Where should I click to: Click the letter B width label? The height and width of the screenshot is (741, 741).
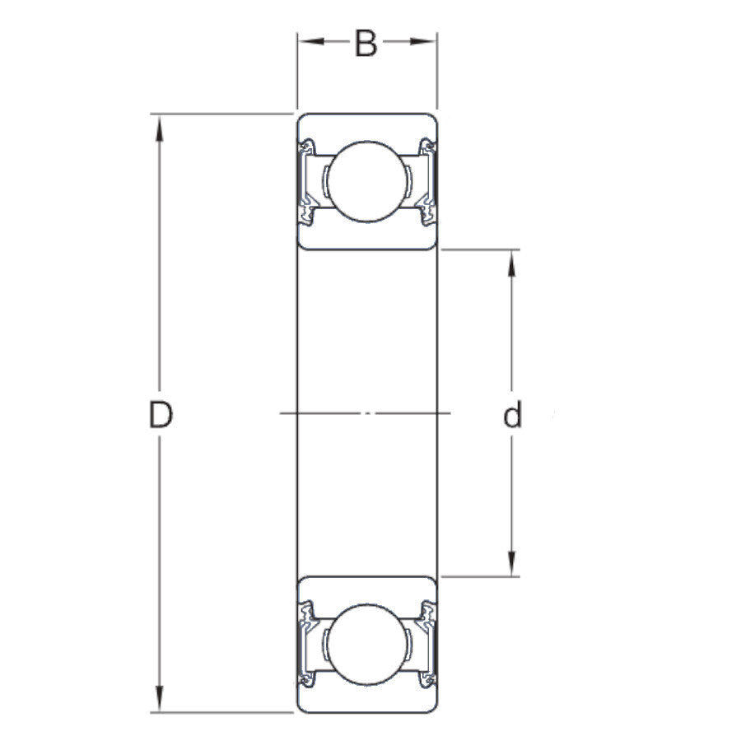(366, 44)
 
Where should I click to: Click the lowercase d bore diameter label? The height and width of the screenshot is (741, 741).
(513, 417)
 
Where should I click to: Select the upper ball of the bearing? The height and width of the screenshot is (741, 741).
(366, 180)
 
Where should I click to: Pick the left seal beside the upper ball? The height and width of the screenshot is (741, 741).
(307, 180)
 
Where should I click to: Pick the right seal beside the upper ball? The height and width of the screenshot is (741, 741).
(426, 180)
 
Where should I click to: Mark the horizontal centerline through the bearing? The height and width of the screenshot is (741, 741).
(366, 412)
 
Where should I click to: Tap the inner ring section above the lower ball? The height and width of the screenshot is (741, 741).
(366, 590)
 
